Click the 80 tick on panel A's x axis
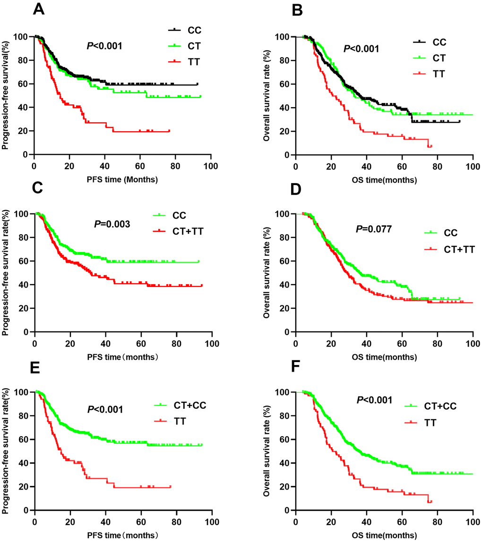[x=176, y=165]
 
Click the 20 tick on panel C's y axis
[x=23, y=308]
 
